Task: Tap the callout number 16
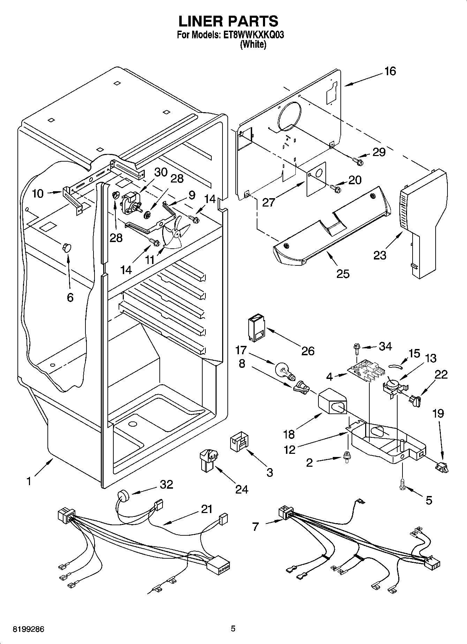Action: [x=390, y=71]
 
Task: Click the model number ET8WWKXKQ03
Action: [x=252, y=35]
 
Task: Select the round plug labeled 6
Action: [x=66, y=247]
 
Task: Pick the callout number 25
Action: [x=343, y=273]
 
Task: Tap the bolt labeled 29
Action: [x=358, y=161]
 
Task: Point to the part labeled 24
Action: [x=208, y=460]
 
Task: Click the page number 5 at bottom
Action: [x=233, y=629]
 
